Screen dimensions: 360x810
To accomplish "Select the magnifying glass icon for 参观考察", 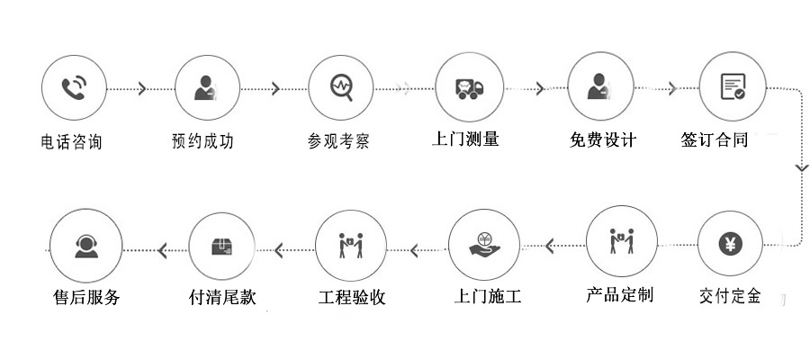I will (x=341, y=88).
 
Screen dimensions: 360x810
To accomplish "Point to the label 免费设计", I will (x=602, y=140).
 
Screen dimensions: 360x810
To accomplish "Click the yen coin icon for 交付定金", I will (x=730, y=243).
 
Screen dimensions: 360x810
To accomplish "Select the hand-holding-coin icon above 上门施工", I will (x=483, y=243).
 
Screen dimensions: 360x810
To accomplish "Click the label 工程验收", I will (x=352, y=297).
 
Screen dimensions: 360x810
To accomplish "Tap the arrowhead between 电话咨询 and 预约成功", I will (x=141, y=88).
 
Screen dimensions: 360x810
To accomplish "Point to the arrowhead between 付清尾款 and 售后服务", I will (x=162, y=249).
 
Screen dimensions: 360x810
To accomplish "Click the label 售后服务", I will (x=86, y=297).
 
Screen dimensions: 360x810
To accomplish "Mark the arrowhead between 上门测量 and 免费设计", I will (x=540, y=88).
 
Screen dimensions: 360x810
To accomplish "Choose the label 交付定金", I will (x=729, y=295).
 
